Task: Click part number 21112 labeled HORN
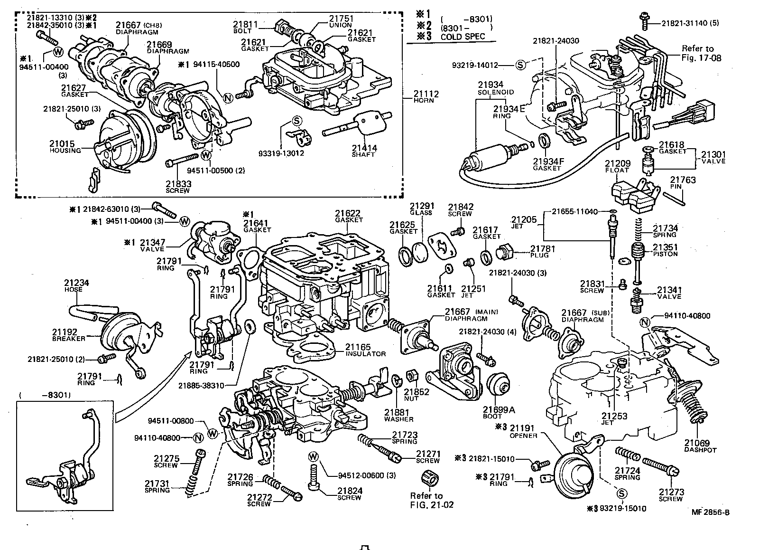(x=426, y=97)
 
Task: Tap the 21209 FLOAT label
(x=616, y=166)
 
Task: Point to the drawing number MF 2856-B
(x=710, y=512)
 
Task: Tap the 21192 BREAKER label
(x=68, y=335)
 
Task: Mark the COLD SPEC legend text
(x=463, y=37)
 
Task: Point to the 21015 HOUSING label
(x=65, y=146)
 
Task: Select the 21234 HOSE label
(x=76, y=286)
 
